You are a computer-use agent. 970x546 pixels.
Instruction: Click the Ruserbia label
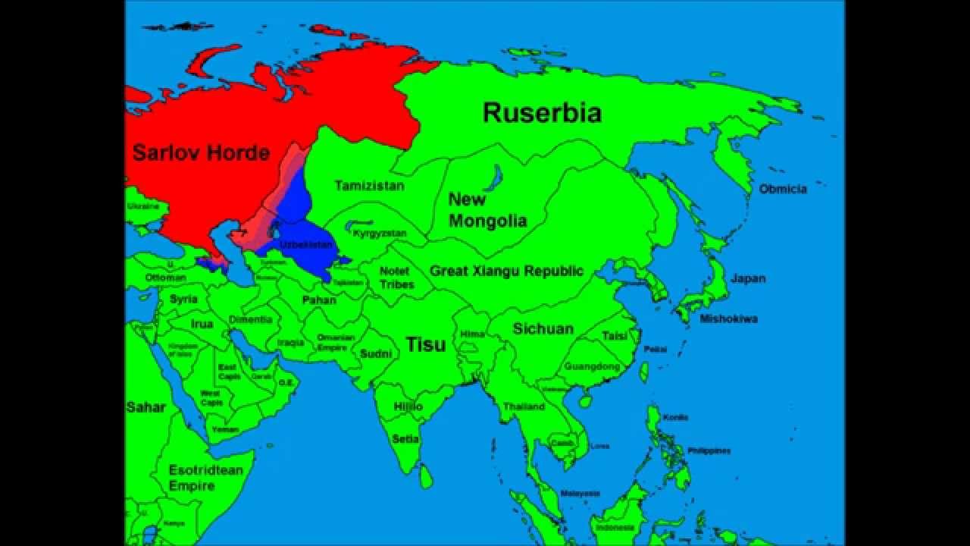tap(542, 113)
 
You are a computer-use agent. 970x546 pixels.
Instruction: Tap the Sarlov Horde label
tap(201, 152)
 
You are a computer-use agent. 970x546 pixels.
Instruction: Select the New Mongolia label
tap(487, 210)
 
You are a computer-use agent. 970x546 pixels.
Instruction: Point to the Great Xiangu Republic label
tap(506, 271)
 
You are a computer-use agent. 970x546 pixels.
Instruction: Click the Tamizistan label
tap(369, 185)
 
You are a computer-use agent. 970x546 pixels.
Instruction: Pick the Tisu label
tap(426, 344)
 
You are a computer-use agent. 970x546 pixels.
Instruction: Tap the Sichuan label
tap(543, 328)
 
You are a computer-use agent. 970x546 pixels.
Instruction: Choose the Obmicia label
tap(783, 189)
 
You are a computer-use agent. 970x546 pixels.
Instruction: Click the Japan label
tap(748, 278)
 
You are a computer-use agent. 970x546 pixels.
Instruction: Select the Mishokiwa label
tap(728, 318)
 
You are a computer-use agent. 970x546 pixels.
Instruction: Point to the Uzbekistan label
tap(306, 245)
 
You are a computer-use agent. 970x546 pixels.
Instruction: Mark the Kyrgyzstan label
tap(379, 234)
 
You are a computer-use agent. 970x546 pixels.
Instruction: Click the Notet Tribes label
tap(396, 278)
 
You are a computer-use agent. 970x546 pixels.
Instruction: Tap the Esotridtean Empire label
tap(205, 478)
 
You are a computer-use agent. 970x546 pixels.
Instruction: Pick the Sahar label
tap(145, 407)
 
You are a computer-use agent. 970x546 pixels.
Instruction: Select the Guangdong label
tap(591, 366)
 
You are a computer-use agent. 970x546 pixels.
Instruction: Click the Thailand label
tap(524, 406)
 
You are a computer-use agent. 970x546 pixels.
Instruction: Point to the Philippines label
tap(709, 450)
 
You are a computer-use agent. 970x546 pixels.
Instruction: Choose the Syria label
tap(183, 299)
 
